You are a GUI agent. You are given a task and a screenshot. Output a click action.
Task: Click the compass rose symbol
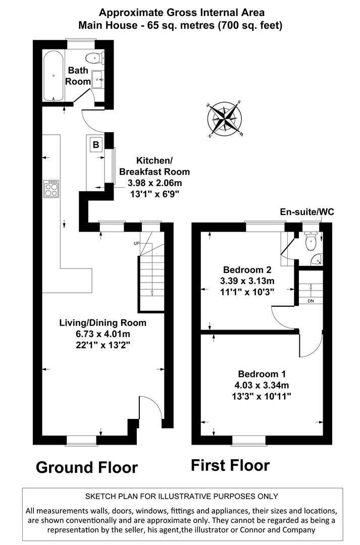coord(225,120)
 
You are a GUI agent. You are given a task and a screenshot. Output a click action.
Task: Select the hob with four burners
coord(52,189)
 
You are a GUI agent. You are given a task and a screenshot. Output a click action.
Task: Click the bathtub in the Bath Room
coord(53,75)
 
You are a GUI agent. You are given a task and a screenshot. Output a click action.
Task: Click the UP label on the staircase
coord(136,243)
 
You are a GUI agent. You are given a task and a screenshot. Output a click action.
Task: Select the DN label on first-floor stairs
coord(310,301)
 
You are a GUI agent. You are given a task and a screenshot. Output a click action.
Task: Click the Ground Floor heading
coord(86,467)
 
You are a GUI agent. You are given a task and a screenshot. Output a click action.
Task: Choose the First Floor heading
coord(230,465)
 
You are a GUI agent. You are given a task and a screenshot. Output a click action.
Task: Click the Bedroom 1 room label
coord(262,374)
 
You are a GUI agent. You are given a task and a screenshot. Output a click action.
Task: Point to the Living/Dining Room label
coord(102,323)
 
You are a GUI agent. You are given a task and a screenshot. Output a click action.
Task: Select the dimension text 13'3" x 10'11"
coord(262,396)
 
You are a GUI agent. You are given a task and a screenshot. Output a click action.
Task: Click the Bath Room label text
coord(79,76)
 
